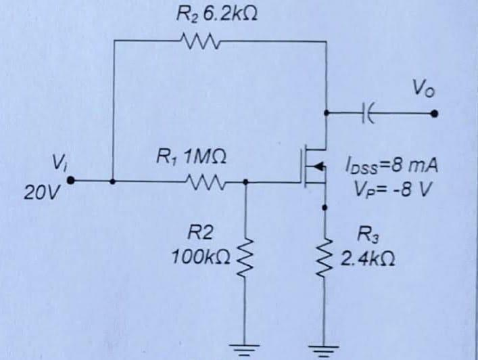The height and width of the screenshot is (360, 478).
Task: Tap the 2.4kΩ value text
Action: click(x=368, y=258)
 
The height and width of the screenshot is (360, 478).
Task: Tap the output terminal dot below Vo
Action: click(x=436, y=113)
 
